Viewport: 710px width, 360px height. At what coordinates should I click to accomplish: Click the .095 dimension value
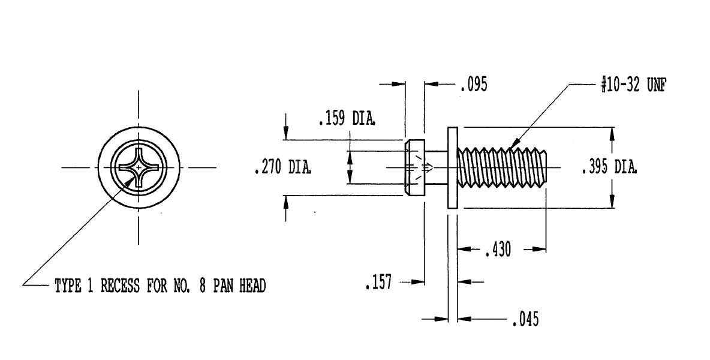click(474, 85)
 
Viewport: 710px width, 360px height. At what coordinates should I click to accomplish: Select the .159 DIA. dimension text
click(347, 119)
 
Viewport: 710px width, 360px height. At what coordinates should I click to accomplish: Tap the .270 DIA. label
click(282, 167)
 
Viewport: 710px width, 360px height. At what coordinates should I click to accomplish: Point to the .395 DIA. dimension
click(609, 167)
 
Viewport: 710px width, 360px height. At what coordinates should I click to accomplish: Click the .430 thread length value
click(498, 250)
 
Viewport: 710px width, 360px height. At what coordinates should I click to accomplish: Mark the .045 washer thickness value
click(526, 319)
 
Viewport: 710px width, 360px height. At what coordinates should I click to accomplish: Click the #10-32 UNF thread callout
click(634, 85)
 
